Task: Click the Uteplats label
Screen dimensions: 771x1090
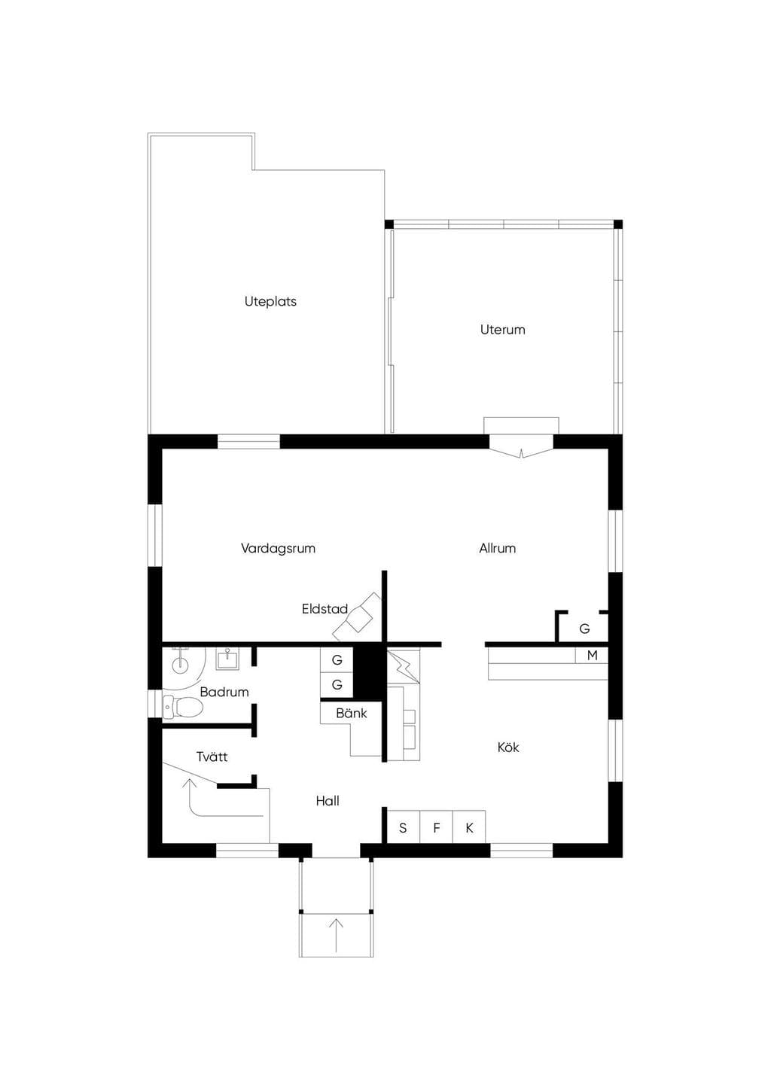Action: [270, 302]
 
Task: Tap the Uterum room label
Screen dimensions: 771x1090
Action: [502, 330]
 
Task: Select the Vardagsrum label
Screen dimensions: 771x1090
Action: [278, 549]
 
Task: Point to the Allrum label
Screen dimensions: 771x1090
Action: [497, 549]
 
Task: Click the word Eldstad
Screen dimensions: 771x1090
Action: [325, 609]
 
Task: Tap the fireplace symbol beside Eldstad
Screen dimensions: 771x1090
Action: [357, 617]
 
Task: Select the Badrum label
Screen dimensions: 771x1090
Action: [224, 692]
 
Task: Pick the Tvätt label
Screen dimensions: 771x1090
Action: [212, 757]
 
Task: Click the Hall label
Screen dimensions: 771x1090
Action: [327, 801]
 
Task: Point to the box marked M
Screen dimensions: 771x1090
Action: [592, 655]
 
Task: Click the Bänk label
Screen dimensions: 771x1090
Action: [351, 714]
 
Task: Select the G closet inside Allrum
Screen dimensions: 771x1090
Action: [584, 629]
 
